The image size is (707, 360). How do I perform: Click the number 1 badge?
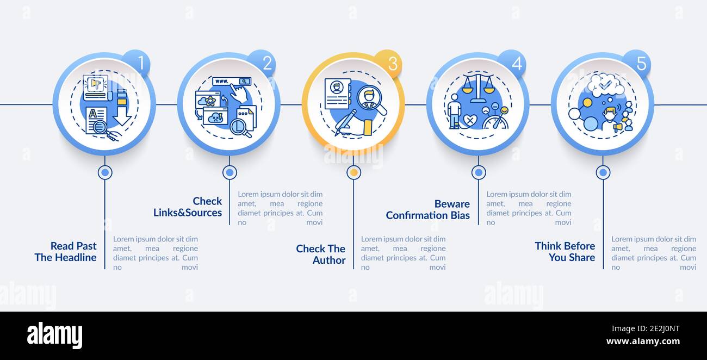[138, 63]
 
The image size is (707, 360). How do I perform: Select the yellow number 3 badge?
[388, 63]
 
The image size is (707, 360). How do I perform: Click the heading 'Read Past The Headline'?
[65, 252]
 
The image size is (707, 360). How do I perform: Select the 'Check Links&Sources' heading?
[188, 207]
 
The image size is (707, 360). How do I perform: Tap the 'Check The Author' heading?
[321, 255]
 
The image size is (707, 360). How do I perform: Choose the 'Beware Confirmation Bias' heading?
[427, 209]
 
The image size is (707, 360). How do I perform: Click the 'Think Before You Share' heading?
[565, 252]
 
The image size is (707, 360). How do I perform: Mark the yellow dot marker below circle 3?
[354, 172]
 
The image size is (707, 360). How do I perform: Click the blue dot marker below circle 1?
[105, 172]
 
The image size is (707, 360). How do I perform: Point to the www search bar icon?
[232, 82]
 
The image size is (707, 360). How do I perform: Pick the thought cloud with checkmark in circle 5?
[606, 85]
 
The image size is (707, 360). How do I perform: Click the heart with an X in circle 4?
[470, 121]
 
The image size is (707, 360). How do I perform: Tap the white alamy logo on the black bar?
[54, 336]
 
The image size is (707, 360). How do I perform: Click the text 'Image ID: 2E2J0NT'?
[646, 329]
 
